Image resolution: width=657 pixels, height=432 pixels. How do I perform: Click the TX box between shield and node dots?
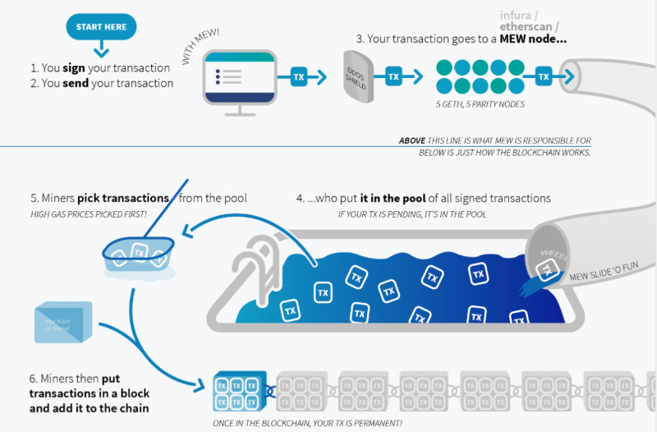pos(393,77)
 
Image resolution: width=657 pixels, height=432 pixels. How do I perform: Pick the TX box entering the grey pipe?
pos(543,77)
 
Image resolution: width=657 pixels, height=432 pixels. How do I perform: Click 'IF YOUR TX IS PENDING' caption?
pos(411,214)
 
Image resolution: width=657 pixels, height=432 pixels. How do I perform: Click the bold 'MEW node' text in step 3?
pos(526,39)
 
